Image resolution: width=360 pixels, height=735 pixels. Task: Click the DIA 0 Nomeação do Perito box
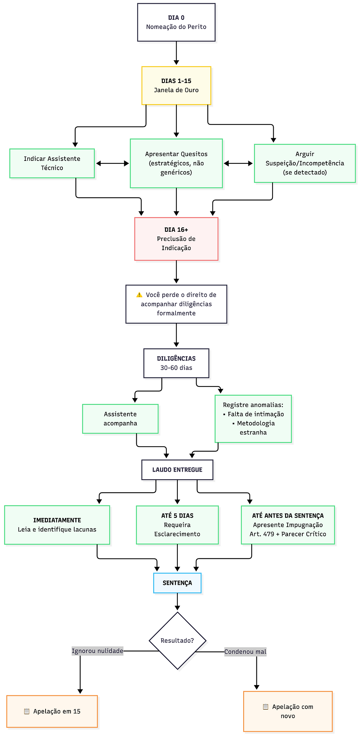click(x=176, y=22)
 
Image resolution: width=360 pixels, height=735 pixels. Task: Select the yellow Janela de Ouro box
click(x=176, y=86)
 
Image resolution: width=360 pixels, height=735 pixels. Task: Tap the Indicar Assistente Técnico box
click(x=52, y=163)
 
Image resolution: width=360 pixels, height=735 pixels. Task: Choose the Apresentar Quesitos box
click(x=176, y=163)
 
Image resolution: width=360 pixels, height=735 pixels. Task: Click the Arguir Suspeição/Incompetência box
click(x=305, y=163)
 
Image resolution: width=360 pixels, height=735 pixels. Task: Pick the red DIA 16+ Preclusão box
click(x=176, y=239)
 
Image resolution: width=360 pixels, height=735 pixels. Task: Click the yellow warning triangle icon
click(x=139, y=295)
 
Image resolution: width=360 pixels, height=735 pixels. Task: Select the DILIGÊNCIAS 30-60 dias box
click(x=176, y=363)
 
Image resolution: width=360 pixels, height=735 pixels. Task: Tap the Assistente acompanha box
click(x=120, y=419)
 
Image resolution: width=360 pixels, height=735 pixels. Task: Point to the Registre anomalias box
click(x=253, y=419)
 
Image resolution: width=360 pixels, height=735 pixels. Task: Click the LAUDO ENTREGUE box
click(x=177, y=470)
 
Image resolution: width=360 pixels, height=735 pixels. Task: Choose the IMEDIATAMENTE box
click(x=57, y=525)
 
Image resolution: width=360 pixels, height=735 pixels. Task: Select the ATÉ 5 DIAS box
click(x=177, y=525)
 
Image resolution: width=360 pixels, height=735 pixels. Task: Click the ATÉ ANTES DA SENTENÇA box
click(x=288, y=525)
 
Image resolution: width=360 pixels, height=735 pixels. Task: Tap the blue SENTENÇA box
click(x=177, y=583)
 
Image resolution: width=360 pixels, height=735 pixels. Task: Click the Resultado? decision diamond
click(x=177, y=641)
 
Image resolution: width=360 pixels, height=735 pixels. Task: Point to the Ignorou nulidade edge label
click(x=97, y=651)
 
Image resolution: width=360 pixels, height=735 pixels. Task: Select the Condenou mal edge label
click(x=245, y=652)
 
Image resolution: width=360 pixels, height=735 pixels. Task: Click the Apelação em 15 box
click(x=52, y=711)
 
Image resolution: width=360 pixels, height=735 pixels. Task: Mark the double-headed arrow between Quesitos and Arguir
click(x=238, y=163)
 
